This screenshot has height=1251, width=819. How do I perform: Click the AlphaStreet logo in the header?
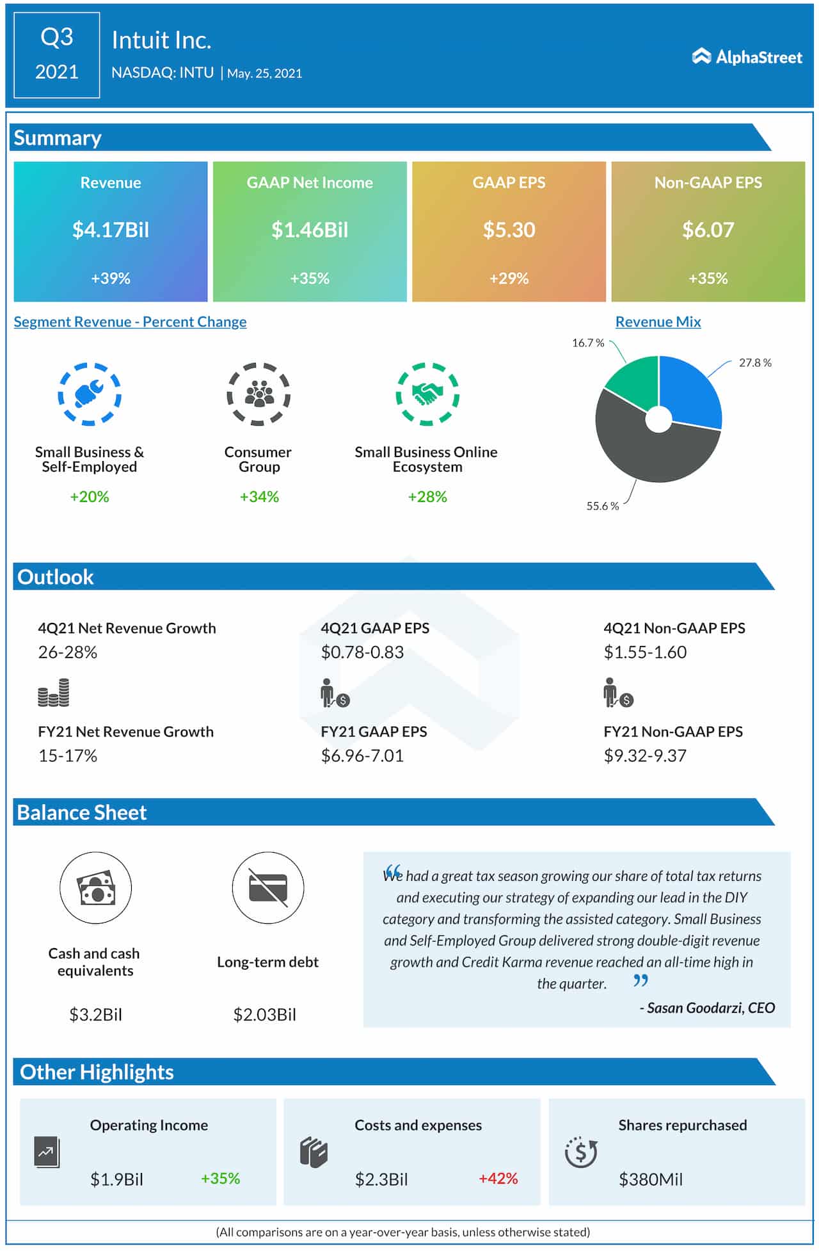[x=747, y=58]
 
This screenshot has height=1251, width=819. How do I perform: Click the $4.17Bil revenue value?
[x=111, y=230]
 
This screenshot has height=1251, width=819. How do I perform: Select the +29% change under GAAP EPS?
[x=509, y=278]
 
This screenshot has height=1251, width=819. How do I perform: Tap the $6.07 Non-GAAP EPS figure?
[x=708, y=230]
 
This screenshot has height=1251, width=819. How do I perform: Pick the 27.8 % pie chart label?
[x=755, y=363]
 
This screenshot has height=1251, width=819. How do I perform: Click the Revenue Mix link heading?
[x=658, y=322]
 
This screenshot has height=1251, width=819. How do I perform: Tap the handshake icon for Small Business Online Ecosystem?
[x=427, y=394]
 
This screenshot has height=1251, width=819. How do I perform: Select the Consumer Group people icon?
[x=258, y=394]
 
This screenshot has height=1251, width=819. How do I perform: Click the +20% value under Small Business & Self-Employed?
[x=90, y=497]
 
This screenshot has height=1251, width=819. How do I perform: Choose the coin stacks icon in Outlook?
[x=54, y=693]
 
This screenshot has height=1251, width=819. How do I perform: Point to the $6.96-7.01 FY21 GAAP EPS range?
[x=362, y=756]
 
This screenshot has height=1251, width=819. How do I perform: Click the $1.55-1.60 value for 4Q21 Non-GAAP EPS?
[x=645, y=652]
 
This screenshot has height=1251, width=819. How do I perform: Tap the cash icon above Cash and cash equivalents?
[x=95, y=887]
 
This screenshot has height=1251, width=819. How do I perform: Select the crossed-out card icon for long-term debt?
[x=268, y=887]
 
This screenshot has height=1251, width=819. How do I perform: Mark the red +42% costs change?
[x=498, y=1179]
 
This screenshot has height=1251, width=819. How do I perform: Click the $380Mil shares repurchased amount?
[x=651, y=1179]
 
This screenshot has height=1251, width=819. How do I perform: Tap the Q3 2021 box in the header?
[x=57, y=55]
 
